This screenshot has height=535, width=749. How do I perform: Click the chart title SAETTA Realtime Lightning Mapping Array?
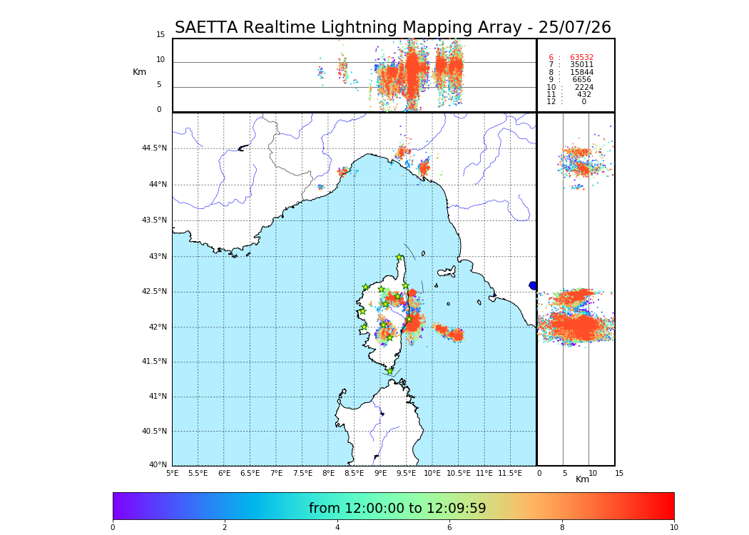pyautogui.click(x=392, y=28)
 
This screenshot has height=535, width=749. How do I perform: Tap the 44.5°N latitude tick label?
pyautogui.click(x=154, y=148)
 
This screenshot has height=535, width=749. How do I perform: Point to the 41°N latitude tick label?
pyautogui.click(x=156, y=397)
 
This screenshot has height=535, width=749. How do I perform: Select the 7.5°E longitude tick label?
pyautogui.click(x=303, y=473)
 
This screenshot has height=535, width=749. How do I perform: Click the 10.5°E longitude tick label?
pyautogui.click(x=458, y=473)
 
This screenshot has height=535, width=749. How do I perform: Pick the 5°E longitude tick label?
pyautogui.click(x=173, y=473)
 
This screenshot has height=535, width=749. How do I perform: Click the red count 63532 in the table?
pyautogui.click(x=581, y=58)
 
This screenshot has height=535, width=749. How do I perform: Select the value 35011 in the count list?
pyautogui.click(x=581, y=65)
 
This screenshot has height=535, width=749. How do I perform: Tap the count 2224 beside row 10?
pyautogui.click(x=584, y=88)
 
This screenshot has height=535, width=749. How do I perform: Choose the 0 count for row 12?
pyautogui.click(x=584, y=102)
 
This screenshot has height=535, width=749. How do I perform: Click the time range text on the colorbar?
pyautogui.click(x=397, y=509)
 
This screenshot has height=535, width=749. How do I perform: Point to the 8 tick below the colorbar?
pyautogui.click(x=562, y=528)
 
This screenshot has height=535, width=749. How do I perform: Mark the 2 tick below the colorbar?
pyautogui.click(x=225, y=528)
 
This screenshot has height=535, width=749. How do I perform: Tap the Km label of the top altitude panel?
pyautogui.click(x=139, y=72)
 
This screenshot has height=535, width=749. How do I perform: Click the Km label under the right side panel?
pyautogui.click(x=583, y=479)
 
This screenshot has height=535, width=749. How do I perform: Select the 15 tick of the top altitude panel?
pyautogui.click(x=160, y=35)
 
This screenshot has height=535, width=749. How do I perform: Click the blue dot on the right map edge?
pyautogui.click(x=533, y=285)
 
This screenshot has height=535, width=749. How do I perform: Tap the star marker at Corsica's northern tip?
pyautogui.click(x=399, y=258)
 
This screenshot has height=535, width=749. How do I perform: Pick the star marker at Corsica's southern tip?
pyautogui.click(x=389, y=371)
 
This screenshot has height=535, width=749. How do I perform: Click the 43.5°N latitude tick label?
pyautogui.click(x=154, y=220)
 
